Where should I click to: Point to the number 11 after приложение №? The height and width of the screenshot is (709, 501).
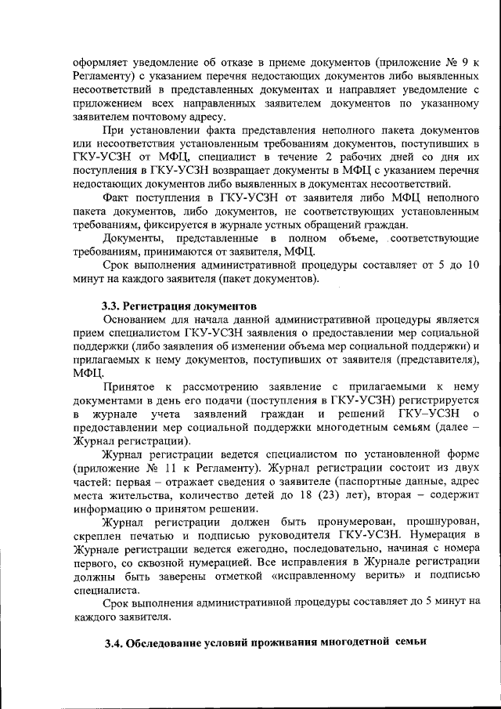click(180, 468)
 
